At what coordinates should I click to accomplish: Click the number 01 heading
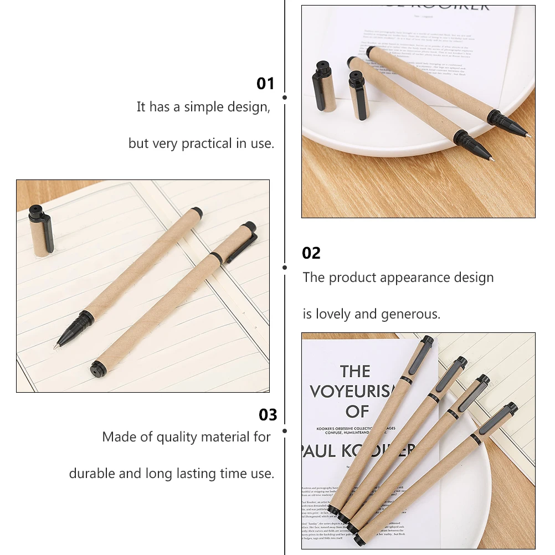[265, 84]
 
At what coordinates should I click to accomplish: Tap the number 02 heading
[311, 253]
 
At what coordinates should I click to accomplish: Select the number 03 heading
[268, 415]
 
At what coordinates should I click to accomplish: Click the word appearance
[398, 277]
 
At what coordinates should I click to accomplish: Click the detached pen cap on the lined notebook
[41, 231]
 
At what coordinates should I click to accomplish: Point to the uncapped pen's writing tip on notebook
[57, 346]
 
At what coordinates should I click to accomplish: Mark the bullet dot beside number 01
[285, 97]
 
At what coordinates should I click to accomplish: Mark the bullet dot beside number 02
[285, 267]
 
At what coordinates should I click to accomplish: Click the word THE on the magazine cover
[355, 372]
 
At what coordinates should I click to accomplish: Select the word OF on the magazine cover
[357, 412]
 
